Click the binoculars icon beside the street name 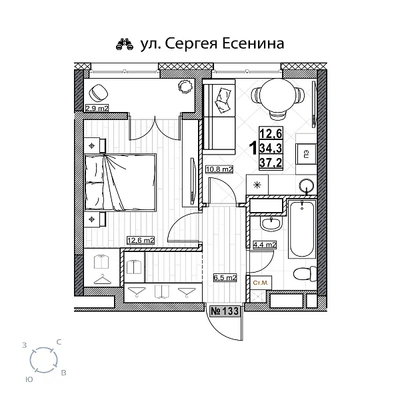pos(125,45)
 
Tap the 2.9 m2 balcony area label pos(96,107)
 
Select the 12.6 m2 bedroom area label pos(141,240)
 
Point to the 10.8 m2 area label pos(220,170)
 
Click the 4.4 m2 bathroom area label pos(265,245)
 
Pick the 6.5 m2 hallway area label pos(225,277)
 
